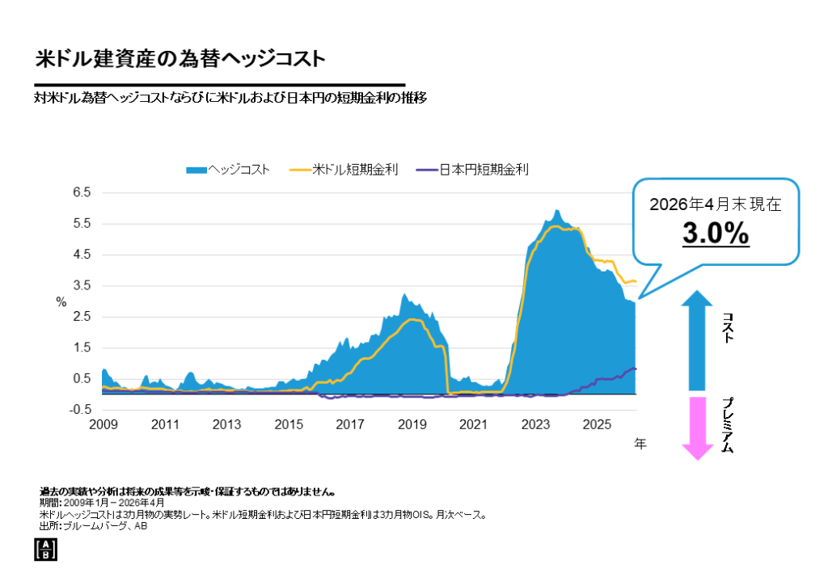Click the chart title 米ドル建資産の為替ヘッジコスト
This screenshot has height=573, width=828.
coord(180,58)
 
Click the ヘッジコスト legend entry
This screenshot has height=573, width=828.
coord(228,170)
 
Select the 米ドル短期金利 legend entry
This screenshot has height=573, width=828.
coord(344,170)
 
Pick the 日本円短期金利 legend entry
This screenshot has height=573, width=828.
coord(472,170)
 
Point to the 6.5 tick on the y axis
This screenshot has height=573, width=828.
coord(82,192)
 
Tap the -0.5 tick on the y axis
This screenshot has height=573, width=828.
coord(80,410)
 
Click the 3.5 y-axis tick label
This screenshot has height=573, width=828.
coord(82,285)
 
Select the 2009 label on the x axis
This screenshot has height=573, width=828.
coord(103,425)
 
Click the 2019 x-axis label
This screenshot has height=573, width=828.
coord(412,425)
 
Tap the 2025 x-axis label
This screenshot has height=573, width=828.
coord(597,425)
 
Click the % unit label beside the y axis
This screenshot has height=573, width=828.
coord(61,302)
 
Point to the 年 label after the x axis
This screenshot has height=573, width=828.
coord(640,444)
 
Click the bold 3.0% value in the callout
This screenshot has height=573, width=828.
coord(716,233)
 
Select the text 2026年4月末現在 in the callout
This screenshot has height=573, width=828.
coord(716,204)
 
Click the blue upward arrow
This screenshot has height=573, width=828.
coord(697,340)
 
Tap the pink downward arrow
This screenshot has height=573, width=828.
coord(698,428)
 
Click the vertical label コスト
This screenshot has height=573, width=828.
coord(729,327)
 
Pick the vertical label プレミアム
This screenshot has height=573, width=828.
coord(729,426)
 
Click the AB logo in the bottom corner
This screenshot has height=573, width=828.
coord(45,550)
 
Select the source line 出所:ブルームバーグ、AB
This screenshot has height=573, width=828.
coord(93,526)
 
